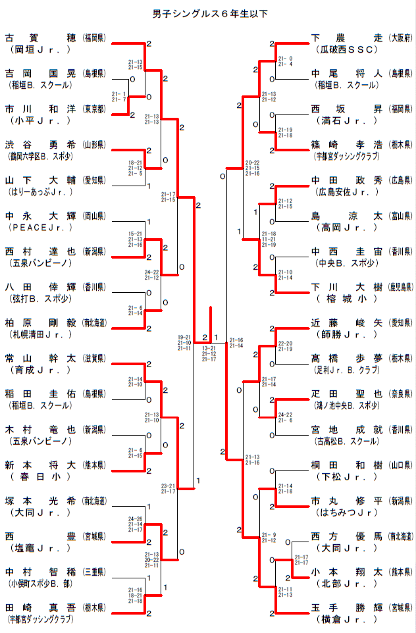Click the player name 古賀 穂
pos(40,38)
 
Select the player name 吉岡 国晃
pos(40,73)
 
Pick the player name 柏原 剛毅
pos(40,323)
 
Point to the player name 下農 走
pos(346,38)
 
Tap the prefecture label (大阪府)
pos(401,38)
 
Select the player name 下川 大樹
pos(346,287)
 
